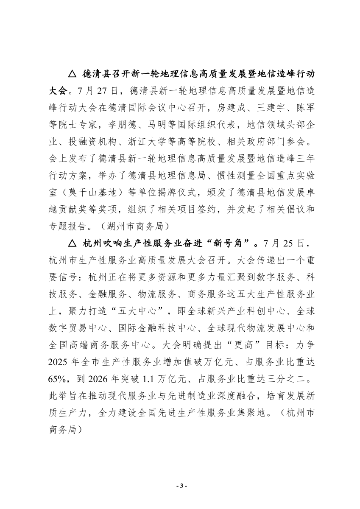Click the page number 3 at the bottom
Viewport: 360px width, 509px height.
pos(180,486)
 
